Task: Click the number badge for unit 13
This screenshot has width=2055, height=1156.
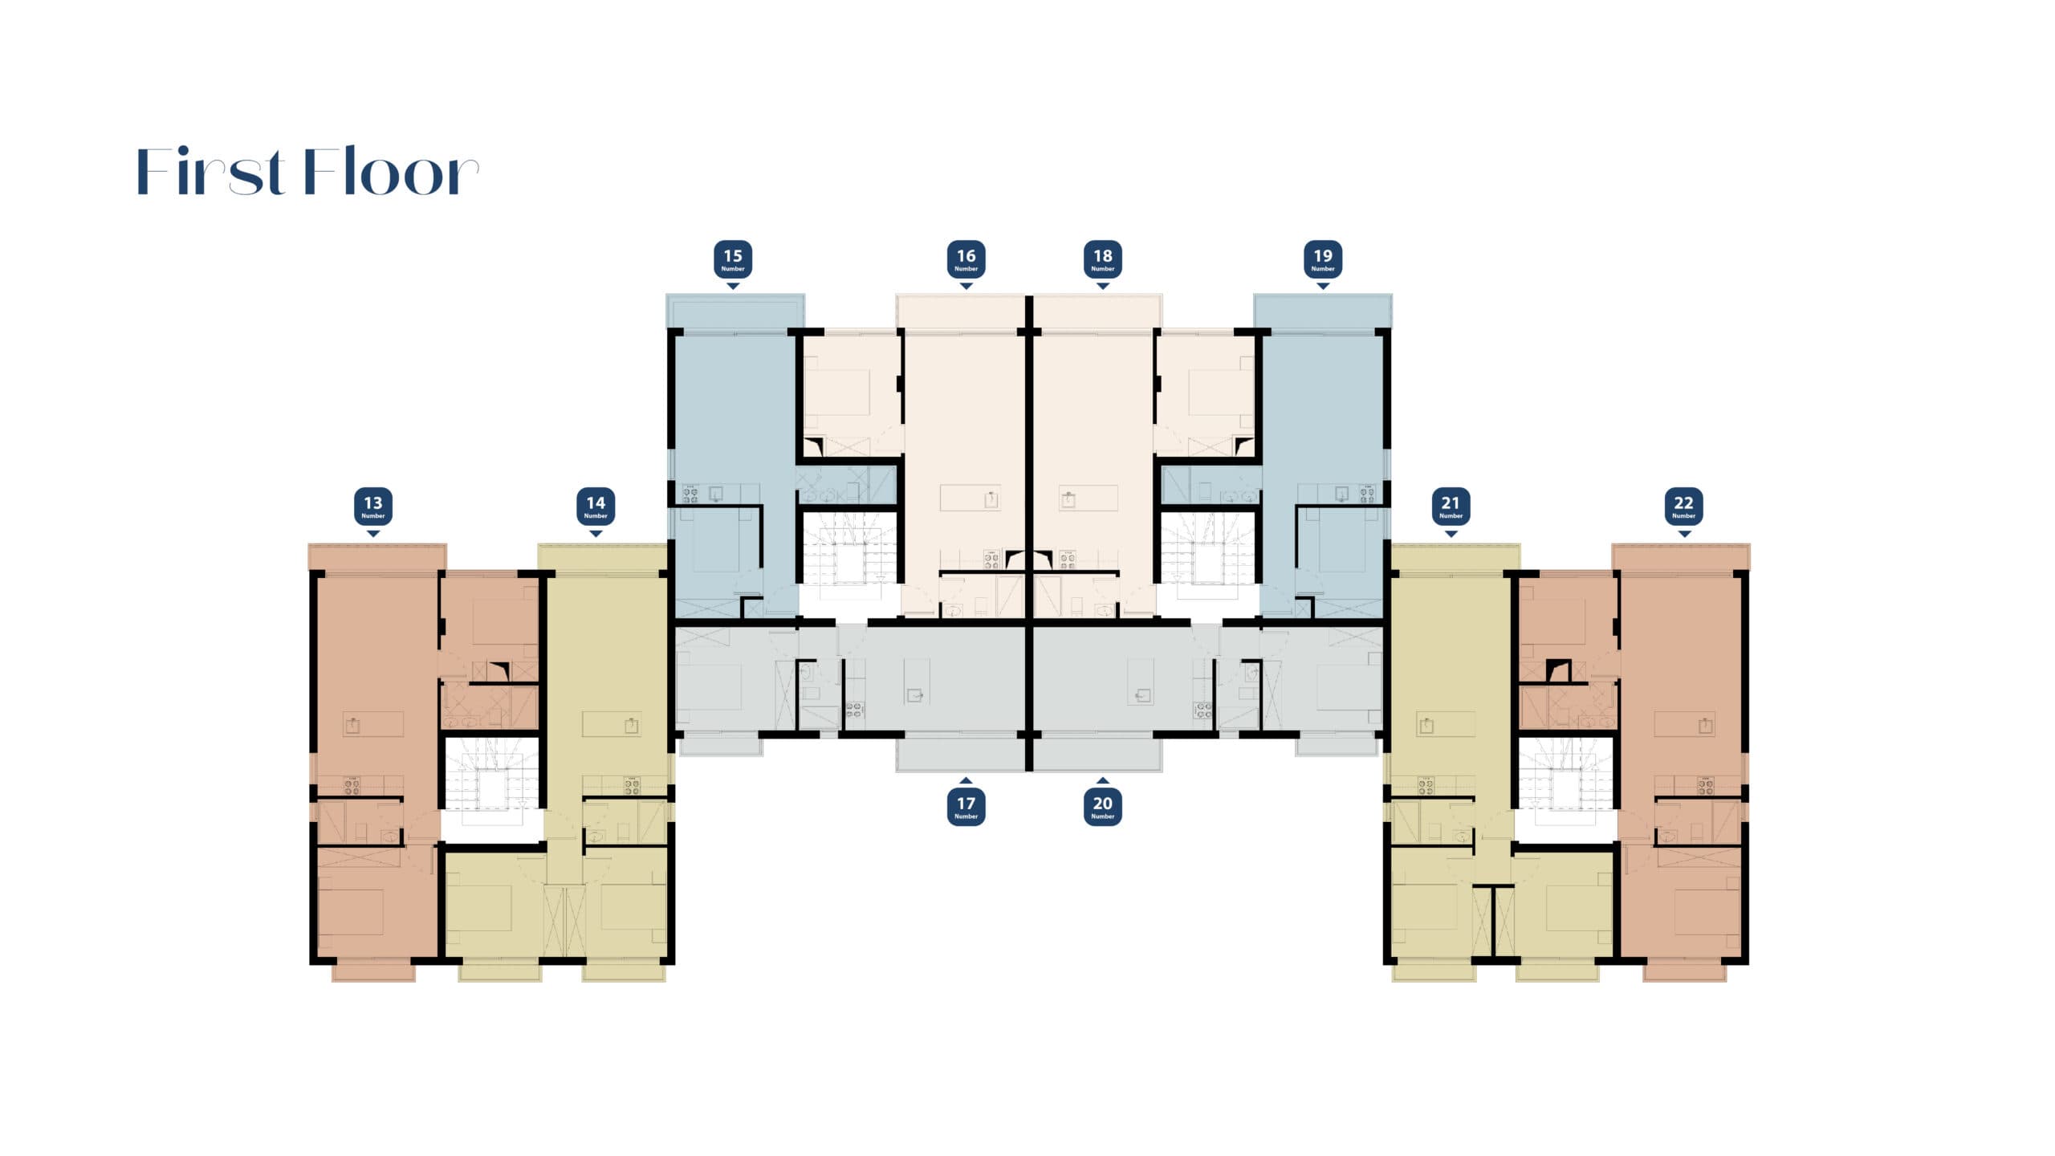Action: pos(373,507)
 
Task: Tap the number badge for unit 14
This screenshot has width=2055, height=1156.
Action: pos(596,507)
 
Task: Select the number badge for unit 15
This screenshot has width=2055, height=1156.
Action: pos(733,259)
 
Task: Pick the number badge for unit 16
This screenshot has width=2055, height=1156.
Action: pos(966,259)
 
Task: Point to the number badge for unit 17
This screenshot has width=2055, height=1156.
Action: pos(966,806)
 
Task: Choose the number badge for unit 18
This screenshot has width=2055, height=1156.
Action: pos(1103,259)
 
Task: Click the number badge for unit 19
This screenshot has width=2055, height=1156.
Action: pos(1323,259)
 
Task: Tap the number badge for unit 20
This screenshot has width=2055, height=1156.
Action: pos(1103,806)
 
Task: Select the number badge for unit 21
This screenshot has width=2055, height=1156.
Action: pos(1451,507)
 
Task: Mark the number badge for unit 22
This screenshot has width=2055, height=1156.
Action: pos(1683,507)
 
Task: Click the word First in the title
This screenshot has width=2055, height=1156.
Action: pos(211,172)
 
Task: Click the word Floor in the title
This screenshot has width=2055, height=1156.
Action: pos(392,172)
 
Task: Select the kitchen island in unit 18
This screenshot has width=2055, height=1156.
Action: pos(1089,498)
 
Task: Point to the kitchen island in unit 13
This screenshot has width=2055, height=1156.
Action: pos(373,724)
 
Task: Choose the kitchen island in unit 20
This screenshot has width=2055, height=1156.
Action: pos(1141,682)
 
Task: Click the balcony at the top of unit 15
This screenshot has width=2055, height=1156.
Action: pos(735,311)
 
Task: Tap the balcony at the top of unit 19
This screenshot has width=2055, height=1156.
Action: pos(1323,311)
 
